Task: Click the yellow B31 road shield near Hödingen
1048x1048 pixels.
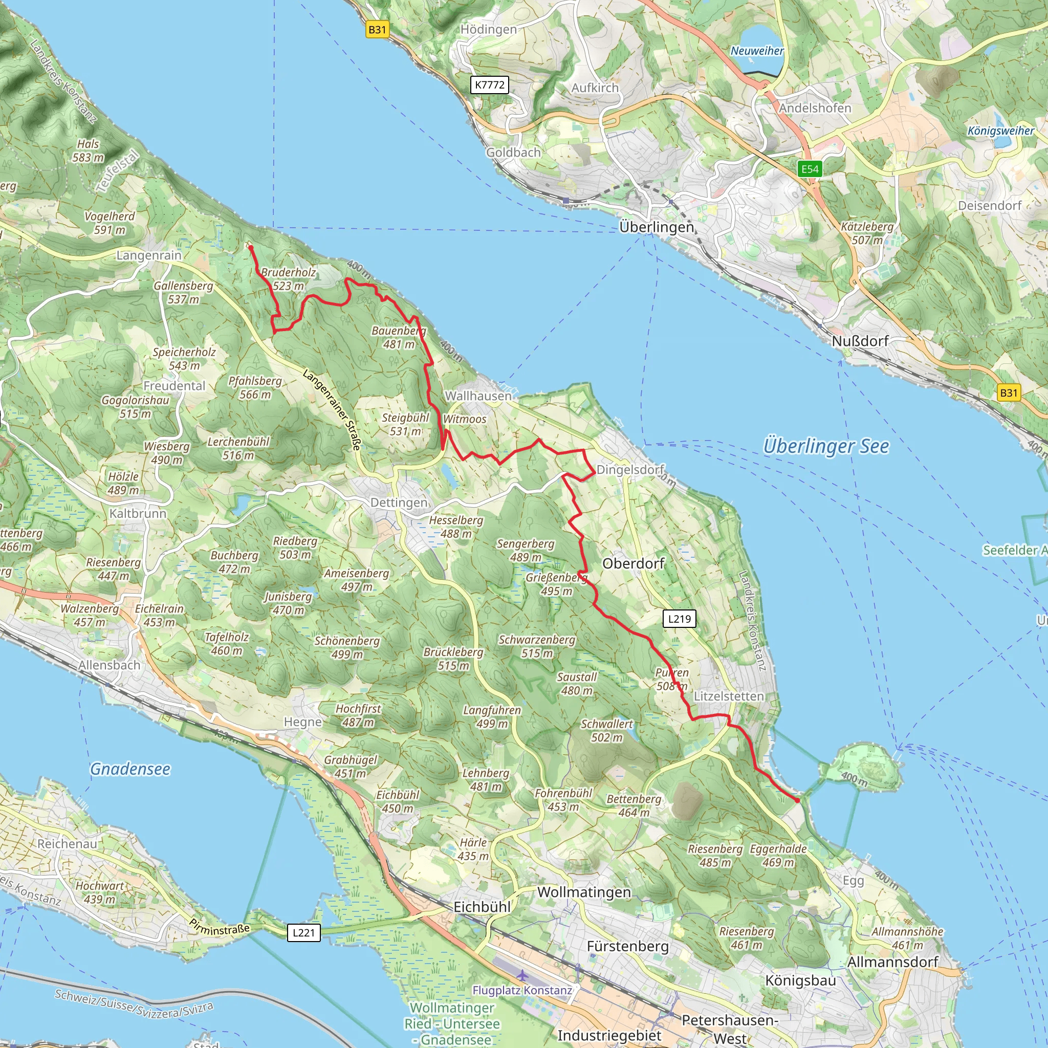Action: point(377,29)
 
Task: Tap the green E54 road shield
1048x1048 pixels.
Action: point(810,169)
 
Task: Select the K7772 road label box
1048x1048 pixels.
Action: point(489,84)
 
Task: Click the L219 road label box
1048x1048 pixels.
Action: point(679,618)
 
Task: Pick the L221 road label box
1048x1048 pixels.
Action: point(303,932)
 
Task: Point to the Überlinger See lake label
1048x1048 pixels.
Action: point(825,446)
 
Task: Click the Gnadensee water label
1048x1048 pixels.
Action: point(130,769)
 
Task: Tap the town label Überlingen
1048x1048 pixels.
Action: point(657,227)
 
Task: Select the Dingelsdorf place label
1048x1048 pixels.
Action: point(630,469)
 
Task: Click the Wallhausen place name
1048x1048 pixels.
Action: point(478,396)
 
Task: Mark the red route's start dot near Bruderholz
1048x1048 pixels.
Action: point(251,248)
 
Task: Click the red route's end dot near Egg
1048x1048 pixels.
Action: point(797,800)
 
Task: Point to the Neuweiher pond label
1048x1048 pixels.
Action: point(757,51)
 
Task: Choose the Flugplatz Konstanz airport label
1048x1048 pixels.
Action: point(522,990)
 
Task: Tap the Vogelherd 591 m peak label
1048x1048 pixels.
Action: point(110,223)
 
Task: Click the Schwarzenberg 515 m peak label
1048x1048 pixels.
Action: point(536,646)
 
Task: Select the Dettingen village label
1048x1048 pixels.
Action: point(399,503)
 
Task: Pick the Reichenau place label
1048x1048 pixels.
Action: point(67,843)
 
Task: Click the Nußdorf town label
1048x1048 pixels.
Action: point(860,341)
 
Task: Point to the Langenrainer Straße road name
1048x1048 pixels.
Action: point(332,409)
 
